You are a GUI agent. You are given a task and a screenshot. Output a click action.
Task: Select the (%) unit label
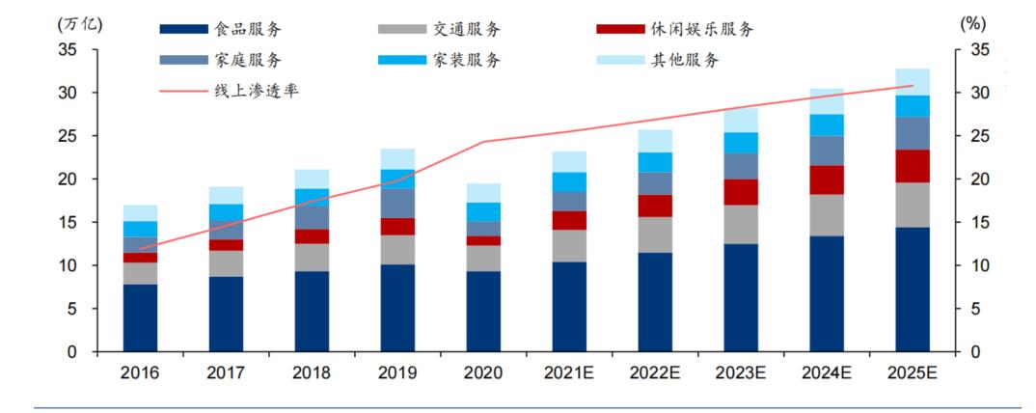tap(973, 24)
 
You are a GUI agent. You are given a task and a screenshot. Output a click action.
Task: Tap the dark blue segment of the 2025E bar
tap(912, 289)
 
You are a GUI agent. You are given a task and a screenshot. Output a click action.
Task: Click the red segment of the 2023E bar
tap(741, 192)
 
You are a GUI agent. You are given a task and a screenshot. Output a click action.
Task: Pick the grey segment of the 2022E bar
tap(655, 234)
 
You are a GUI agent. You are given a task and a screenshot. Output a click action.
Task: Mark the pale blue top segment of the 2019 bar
tap(397, 159)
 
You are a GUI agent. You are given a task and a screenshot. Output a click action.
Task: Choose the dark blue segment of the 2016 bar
tap(140, 317)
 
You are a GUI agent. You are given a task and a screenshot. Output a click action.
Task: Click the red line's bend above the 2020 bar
tap(483, 142)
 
